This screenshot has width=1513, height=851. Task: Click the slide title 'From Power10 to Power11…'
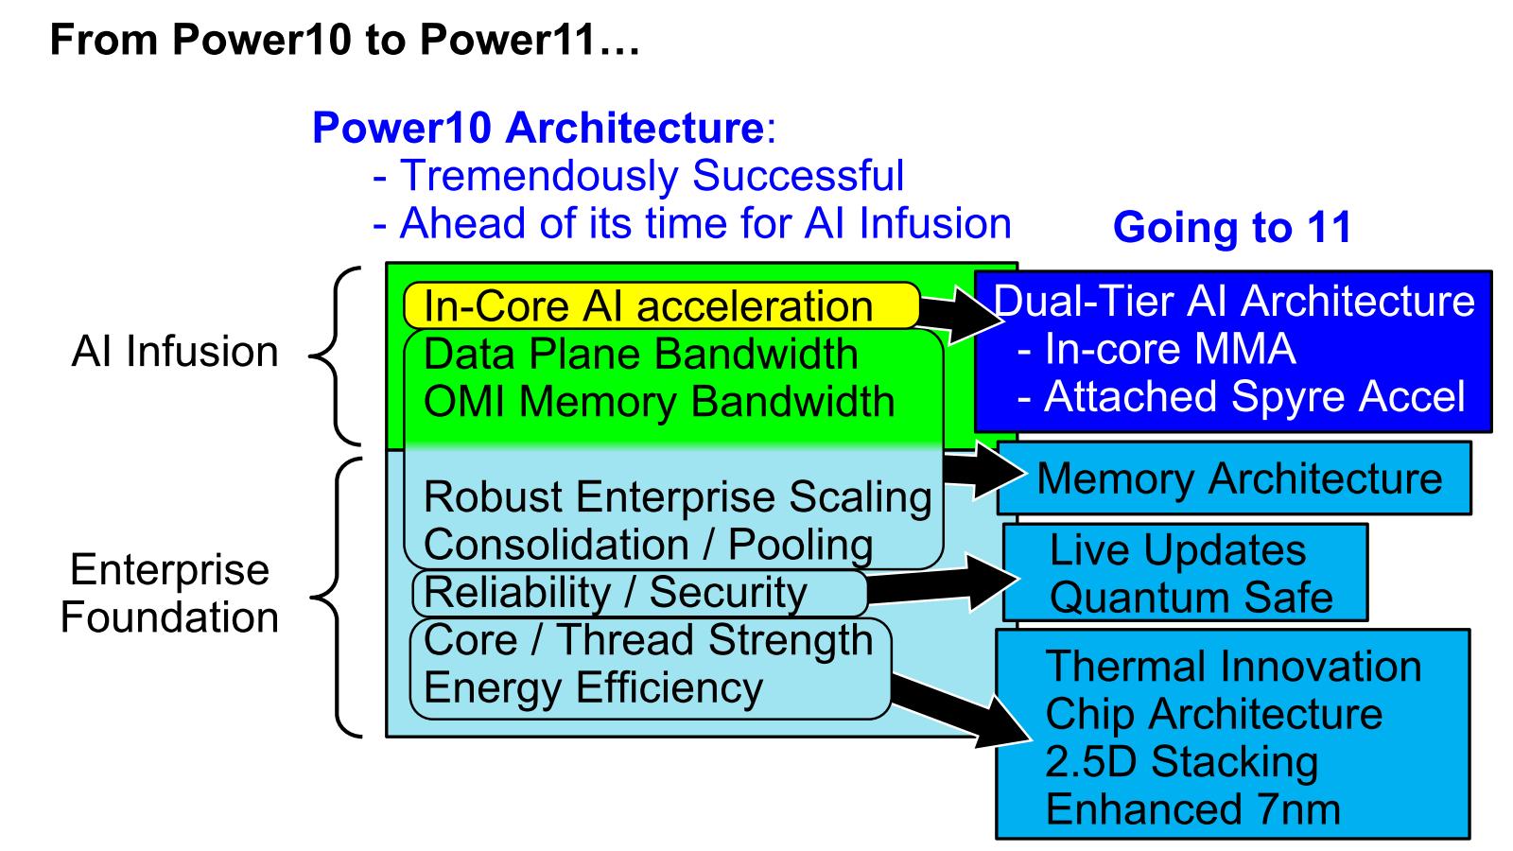[x=344, y=40]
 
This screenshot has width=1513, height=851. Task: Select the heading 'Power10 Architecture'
[x=537, y=128]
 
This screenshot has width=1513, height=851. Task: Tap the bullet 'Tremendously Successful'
[x=652, y=176]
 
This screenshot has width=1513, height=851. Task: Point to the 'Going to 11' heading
[x=1231, y=228]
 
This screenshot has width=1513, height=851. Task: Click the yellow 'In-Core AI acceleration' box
[x=660, y=306]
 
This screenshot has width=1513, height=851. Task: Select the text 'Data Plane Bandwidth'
[x=640, y=355]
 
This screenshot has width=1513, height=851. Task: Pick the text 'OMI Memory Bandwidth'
[x=658, y=402]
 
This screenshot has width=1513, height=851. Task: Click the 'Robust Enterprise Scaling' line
[x=677, y=497]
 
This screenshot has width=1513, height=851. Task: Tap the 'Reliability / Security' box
[x=639, y=593]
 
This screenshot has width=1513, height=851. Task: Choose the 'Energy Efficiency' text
[x=593, y=687]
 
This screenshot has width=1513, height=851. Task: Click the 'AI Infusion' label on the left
[x=175, y=352]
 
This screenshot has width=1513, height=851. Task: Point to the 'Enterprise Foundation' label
[x=169, y=594]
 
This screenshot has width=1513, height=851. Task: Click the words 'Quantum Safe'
[x=1191, y=598]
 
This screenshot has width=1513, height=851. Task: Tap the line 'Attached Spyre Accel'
[x=1254, y=397]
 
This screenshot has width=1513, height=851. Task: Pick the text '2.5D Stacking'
[x=1181, y=762]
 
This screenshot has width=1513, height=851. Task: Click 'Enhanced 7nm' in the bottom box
[x=1192, y=810]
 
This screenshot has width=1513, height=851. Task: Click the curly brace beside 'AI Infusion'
[x=333, y=356]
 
